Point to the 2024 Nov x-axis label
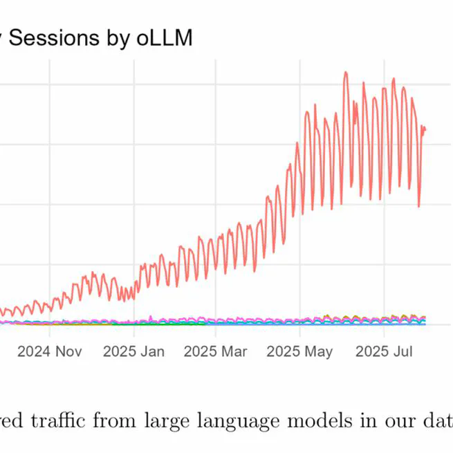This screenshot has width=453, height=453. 49,351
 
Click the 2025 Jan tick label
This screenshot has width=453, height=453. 133,351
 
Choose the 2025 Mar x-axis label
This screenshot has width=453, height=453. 216,351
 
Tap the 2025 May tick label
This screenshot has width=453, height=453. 300,351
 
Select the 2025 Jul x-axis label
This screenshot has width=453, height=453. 384,351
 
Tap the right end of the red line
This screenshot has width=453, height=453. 425,129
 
